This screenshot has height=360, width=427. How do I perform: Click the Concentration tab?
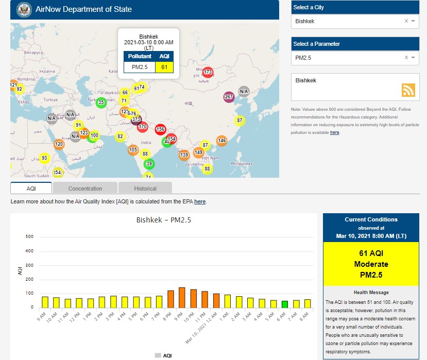point(85,188)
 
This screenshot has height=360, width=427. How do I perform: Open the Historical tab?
point(145,188)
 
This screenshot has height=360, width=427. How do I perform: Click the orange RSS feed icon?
point(408,90)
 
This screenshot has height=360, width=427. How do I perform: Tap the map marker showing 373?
point(136,119)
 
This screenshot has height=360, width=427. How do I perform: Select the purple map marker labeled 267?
point(229,97)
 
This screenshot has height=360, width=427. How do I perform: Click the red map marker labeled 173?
point(208,72)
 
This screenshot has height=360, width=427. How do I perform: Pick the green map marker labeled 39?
point(149,164)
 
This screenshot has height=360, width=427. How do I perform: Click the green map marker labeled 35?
point(101,102)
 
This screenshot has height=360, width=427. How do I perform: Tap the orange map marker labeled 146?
point(221,141)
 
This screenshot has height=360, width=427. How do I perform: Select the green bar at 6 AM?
point(284,304)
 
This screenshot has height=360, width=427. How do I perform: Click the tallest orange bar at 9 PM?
point(182,298)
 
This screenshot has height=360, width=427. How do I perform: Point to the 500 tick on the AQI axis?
point(29,237)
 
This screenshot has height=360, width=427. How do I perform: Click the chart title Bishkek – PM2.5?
point(163,220)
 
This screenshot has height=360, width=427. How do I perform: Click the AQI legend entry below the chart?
point(163,355)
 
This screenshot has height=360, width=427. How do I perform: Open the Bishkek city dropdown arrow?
point(413,21)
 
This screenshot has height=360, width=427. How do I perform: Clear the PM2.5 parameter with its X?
point(406,58)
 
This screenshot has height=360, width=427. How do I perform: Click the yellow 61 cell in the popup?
point(164,67)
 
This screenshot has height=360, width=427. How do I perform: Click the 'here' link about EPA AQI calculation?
point(200,201)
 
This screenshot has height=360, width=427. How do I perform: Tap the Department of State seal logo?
point(24,9)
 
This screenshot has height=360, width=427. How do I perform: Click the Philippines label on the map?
point(241,164)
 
